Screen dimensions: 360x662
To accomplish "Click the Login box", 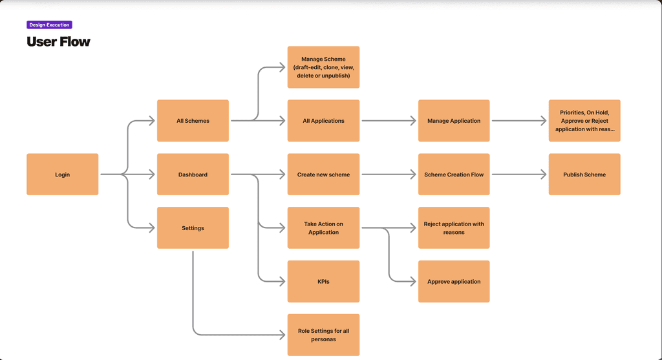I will pyautogui.click(x=62, y=175).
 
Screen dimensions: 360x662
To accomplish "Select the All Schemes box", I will pyautogui.click(x=193, y=121).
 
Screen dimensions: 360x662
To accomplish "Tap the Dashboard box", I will pyautogui.click(x=193, y=175).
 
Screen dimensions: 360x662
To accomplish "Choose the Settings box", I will pyautogui.click(x=193, y=228).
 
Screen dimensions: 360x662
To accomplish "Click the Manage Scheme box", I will pyautogui.click(x=323, y=67).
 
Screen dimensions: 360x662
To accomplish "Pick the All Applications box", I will pyautogui.click(x=323, y=121).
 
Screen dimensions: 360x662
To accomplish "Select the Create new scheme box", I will pyautogui.click(x=323, y=175).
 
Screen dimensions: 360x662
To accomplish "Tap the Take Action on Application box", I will pyautogui.click(x=323, y=228).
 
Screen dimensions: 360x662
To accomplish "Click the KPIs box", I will pyautogui.click(x=323, y=282).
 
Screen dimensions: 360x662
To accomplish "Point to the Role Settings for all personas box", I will pyautogui.click(x=323, y=335).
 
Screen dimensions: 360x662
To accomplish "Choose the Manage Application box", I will pyautogui.click(x=454, y=121).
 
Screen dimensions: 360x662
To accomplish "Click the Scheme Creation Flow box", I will pyautogui.click(x=454, y=175).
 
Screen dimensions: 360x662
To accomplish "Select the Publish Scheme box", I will pyautogui.click(x=584, y=175).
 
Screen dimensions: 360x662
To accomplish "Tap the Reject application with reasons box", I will pyautogui.click(x=454, y=228).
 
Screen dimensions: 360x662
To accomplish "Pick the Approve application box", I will pyautogui.click(x=454, y=282).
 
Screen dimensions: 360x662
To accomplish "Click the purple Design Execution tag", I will pyautogui.click(x=49, y=25).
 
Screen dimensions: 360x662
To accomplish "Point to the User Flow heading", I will pyautogui.click(x=58, y=41).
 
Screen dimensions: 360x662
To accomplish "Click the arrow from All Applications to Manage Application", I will pyautogui.click(x=389, y=121).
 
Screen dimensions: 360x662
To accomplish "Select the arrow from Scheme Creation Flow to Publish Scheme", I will pyautogui.click(x=519, y=175).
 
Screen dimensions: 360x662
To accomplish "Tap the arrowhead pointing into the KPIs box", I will pyautogui.click(x=282, y=282).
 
